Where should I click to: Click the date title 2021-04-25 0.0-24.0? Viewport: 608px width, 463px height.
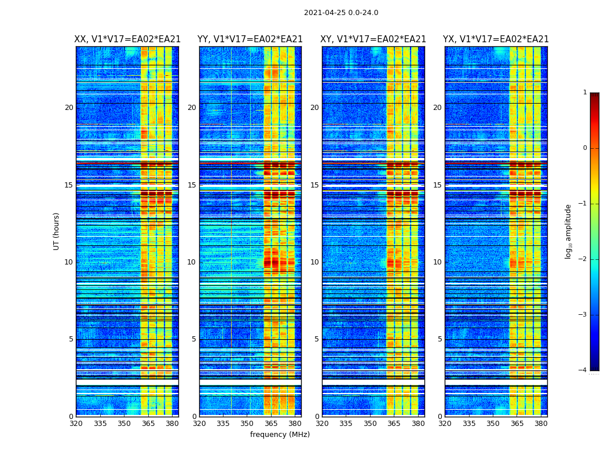(341, 13)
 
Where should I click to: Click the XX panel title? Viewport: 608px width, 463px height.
(127, 39)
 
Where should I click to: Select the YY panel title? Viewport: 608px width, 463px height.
(250, 39)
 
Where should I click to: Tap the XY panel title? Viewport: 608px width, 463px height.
(373, 39)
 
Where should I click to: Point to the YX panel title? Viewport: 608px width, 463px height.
(496, 39)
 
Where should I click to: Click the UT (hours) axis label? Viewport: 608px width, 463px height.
(57, 231)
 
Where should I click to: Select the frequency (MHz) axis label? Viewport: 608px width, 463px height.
(280, 435)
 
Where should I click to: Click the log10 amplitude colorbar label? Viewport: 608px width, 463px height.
(569, 231)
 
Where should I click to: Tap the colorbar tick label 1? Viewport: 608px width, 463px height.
(584, 93)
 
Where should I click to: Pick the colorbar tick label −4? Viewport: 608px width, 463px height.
(583, 370)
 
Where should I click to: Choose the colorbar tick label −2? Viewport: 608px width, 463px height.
(583, 259)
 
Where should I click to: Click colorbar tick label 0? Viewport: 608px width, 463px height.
(584, 148)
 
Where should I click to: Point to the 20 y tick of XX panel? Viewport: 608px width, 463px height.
(69, 108)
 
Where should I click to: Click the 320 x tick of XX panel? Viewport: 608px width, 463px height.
(76, 424)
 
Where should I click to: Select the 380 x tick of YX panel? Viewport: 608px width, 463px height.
(541, 424)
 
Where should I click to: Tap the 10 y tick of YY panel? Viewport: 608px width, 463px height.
(192, 262)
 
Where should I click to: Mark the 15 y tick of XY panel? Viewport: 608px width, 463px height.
(314, 185)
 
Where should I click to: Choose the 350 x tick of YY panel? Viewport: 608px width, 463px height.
(247, 424)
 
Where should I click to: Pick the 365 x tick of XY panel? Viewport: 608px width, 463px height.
(394, 424)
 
